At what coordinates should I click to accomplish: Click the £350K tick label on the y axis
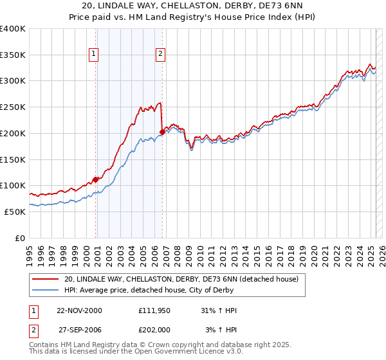(13, 55)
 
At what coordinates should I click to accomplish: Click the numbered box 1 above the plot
(94, 55)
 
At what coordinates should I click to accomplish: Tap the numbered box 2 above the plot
(160, 55)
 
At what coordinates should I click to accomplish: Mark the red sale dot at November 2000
(96, 179)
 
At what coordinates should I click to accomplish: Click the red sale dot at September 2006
(162, 132)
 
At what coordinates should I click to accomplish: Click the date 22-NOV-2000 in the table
(79, 310)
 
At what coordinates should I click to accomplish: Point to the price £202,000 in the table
(154, 330)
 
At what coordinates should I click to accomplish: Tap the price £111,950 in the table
(154, 310)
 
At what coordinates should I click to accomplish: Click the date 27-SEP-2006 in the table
(79, 330)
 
